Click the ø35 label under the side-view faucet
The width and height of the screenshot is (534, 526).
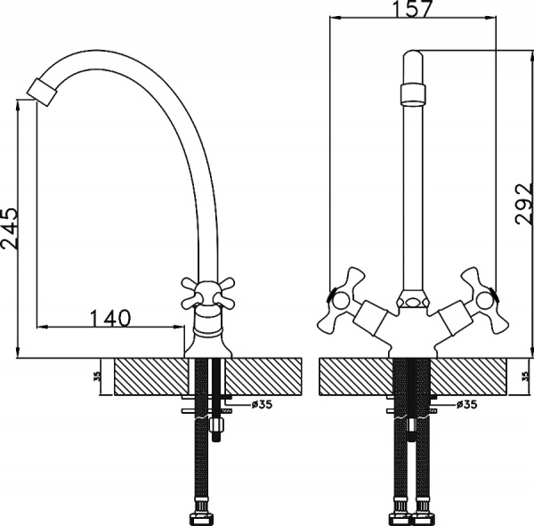click(262, 404)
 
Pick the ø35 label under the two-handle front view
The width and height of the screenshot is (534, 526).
click(465, 404)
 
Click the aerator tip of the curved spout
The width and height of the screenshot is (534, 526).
click(41, 90)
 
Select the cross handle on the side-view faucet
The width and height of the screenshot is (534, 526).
click(207, 289)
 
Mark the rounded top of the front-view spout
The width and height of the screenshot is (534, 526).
click(411, 62)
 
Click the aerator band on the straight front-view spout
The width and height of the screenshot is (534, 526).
click(411, 93)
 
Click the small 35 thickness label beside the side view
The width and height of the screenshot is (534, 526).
click(95, 376)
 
